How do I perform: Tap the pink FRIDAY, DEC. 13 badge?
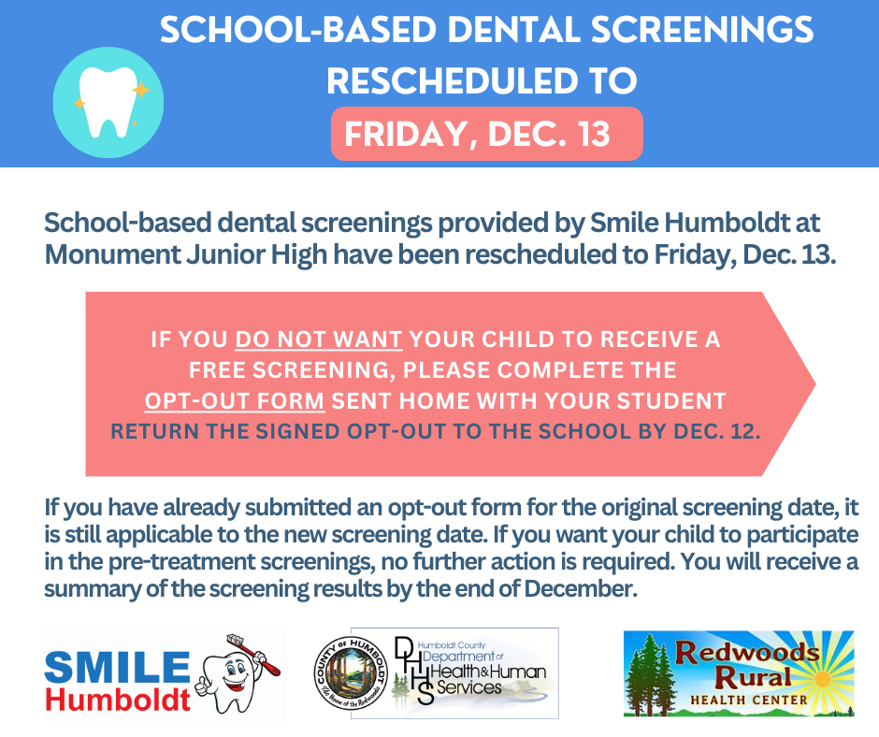(486, 133)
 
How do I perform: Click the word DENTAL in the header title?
(518, 31)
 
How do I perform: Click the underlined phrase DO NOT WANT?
(319, 340)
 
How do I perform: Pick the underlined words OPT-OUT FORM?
(235, 401)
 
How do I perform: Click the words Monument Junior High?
(168, 254)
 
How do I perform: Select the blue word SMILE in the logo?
(117, 667)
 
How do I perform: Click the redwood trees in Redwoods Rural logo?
(655, 673)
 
